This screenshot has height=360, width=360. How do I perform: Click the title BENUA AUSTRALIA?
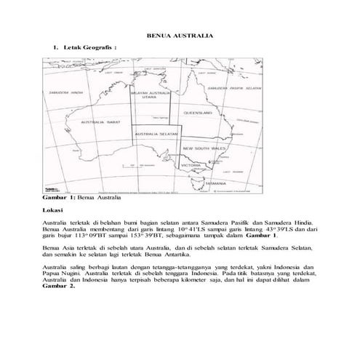180,34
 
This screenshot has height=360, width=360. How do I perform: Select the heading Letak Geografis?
90,47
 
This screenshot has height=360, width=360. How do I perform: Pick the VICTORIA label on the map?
191,166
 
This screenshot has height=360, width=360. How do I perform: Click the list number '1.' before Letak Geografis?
55,47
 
